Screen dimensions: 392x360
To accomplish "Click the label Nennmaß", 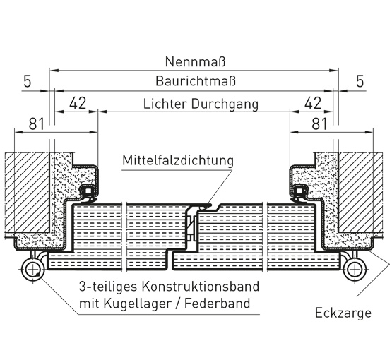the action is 195,61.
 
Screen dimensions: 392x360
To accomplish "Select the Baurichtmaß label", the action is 196,81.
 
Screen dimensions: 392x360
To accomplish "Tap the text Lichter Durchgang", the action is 201,104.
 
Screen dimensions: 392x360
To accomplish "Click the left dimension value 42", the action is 78,103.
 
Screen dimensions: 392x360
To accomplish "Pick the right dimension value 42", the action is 313,103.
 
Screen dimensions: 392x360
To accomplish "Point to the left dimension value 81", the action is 37,124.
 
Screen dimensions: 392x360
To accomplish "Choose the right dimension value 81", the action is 319,124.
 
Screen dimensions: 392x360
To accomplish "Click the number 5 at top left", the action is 28,81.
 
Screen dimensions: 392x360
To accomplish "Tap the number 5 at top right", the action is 360,81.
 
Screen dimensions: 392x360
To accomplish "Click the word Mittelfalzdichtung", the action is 178,160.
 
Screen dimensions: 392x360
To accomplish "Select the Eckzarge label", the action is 343,313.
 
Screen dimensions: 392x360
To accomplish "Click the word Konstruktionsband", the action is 201,287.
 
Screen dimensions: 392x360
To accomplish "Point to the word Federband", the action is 218,304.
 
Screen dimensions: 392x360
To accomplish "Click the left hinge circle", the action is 33,270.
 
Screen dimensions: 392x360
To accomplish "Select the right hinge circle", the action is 355,270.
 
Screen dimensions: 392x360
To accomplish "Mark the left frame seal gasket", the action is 88,193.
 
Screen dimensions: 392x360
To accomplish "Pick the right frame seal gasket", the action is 299,193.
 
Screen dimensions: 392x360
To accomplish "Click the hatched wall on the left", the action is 27,193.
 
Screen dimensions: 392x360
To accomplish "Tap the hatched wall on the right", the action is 360,193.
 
